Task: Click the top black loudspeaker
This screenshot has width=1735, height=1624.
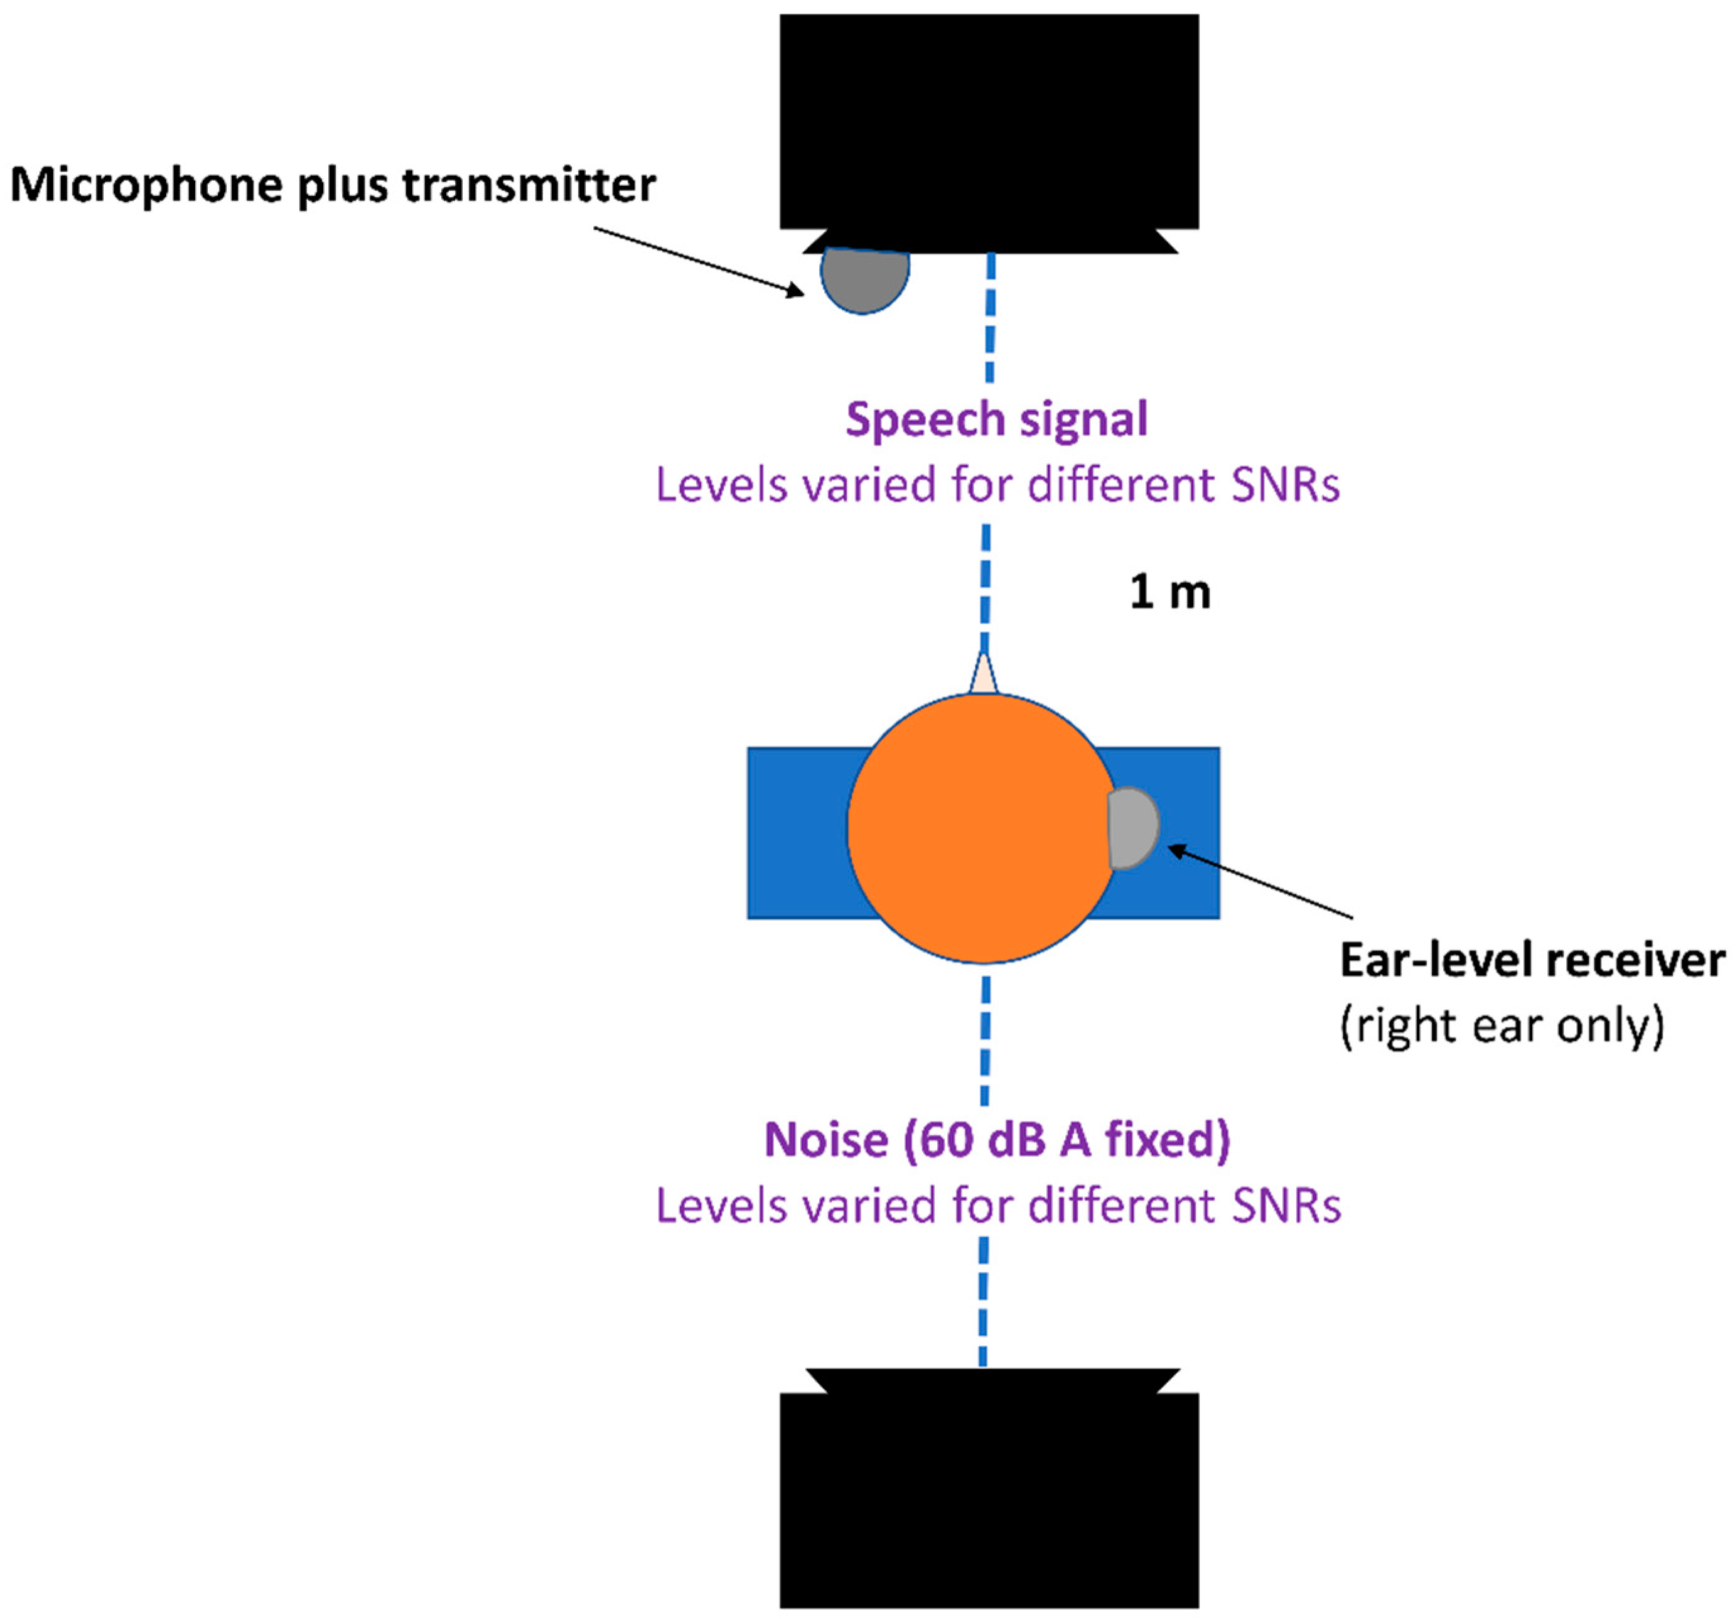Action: (989, 122)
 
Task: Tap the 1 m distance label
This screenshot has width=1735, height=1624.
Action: (1169, 593)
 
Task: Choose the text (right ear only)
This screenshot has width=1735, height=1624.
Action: (1501, 1026)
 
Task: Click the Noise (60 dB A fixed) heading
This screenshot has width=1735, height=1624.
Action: (997, 1140)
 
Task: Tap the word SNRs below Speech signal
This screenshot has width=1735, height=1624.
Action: (1285, 485)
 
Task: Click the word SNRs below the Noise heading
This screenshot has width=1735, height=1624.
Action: (1286, 1206)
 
